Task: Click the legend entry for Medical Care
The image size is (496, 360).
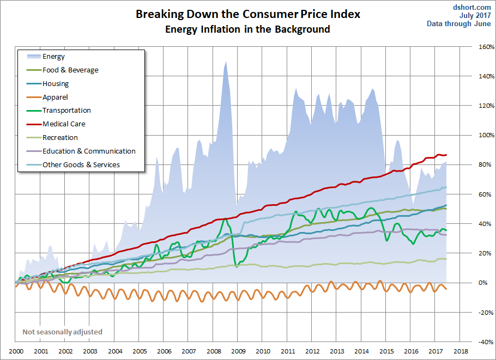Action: click(64, 124)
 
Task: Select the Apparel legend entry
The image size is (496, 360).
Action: click(55, 97)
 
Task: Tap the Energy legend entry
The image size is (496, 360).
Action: click(53, 56)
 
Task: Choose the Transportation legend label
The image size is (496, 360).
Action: click(66, 110)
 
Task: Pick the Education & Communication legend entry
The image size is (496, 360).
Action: click(89, 151)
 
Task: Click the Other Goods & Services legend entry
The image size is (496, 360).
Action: click(81, 164)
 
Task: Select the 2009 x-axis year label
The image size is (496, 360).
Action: click(238, 352)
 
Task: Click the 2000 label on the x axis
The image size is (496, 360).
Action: click(16, 352)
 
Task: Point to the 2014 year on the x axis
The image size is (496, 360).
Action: click(361, 352)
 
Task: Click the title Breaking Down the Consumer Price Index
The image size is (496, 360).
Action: click(248, 14)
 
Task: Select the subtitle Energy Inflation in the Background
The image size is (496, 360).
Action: click(248, 29)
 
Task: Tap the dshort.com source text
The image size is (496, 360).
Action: click(472, 8)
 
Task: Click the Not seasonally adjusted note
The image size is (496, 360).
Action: click(62, 332)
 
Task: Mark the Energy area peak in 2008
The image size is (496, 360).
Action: click(225, 62)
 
